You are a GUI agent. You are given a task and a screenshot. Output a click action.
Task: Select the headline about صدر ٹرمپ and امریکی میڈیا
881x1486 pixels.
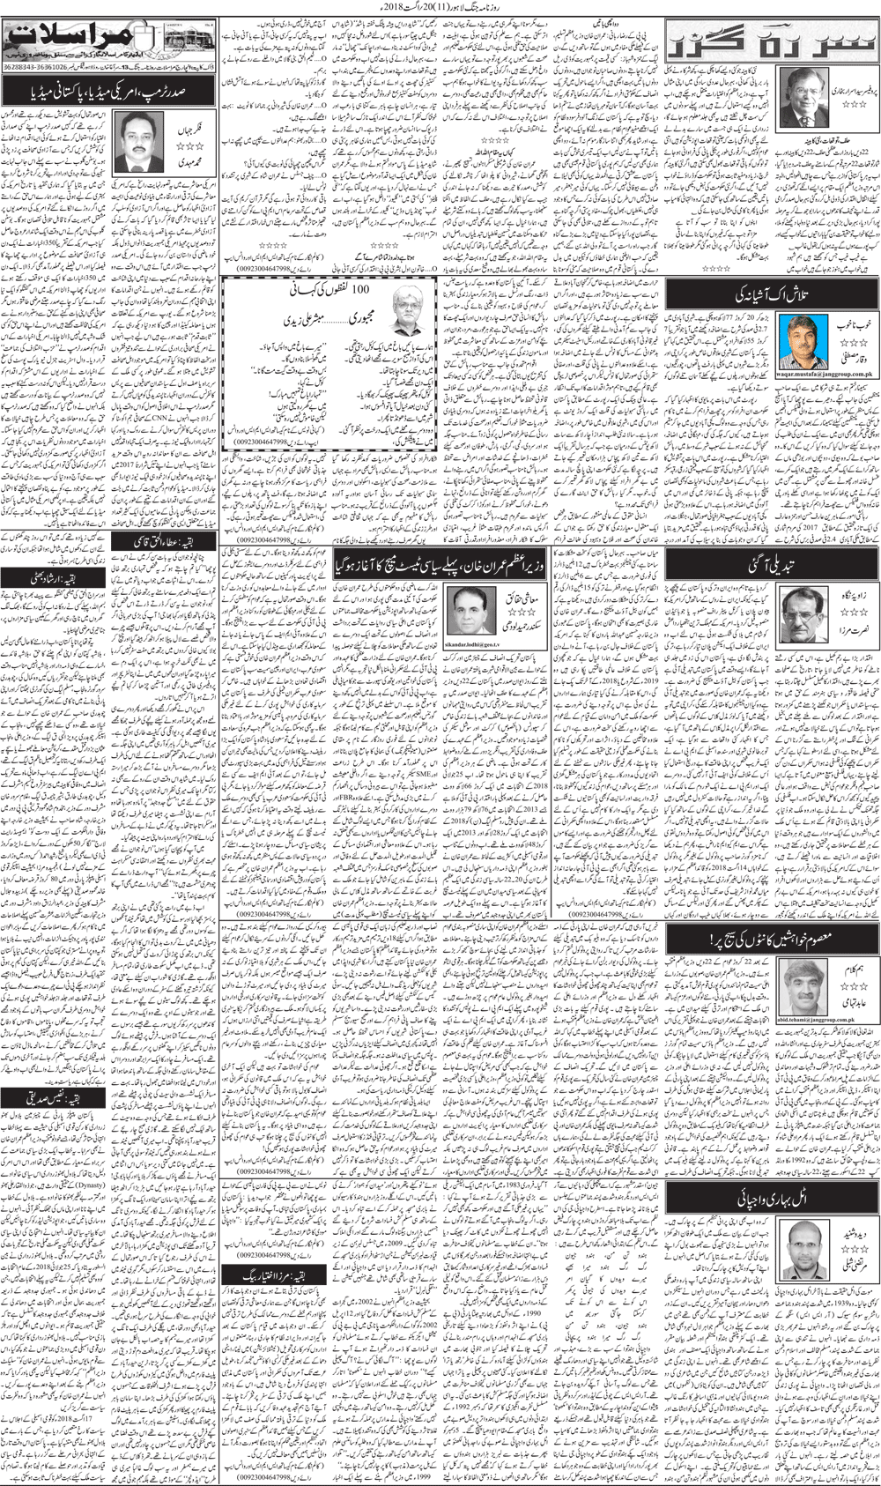(107, 91)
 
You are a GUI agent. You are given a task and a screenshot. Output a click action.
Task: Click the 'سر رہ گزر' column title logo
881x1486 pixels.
(773, 41)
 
